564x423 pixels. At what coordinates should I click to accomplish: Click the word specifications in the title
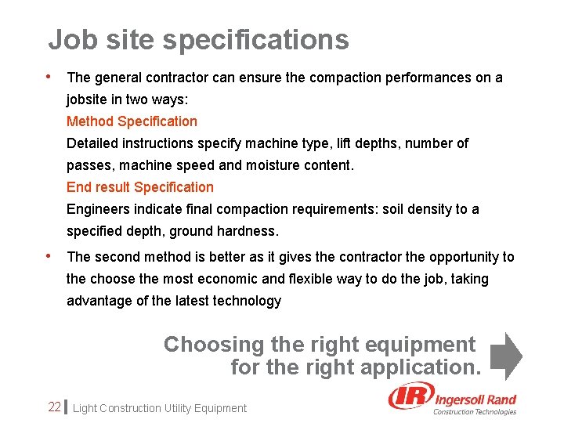(x=264, y=40)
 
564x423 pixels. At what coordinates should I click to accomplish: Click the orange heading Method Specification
(x=132, y=121)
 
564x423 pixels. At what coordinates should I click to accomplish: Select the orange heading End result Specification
(x=139, y=187)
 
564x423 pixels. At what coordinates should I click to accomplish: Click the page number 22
(x=54, y=407)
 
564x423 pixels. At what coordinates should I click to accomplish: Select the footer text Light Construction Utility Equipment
(x=159, y=408)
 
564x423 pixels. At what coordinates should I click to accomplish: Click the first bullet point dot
(x=49, y=77)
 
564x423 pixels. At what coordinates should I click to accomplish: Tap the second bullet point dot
(x=49, y=255)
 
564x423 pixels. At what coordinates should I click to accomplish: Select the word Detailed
(x=91, y=143)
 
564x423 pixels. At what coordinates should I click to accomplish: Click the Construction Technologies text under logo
(x=475, y=412)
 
